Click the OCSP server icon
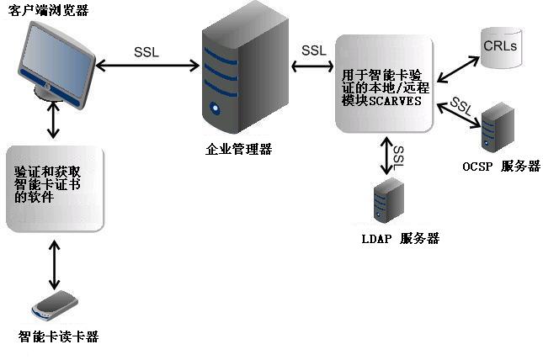click(x=497, y=126)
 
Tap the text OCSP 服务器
click(x=500, y=166)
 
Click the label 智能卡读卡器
click(x=58, y=336)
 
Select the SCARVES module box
click(x=384, y=83)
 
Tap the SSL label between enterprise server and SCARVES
click(x=313, y=50)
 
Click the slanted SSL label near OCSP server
click(x=460, y=106)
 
